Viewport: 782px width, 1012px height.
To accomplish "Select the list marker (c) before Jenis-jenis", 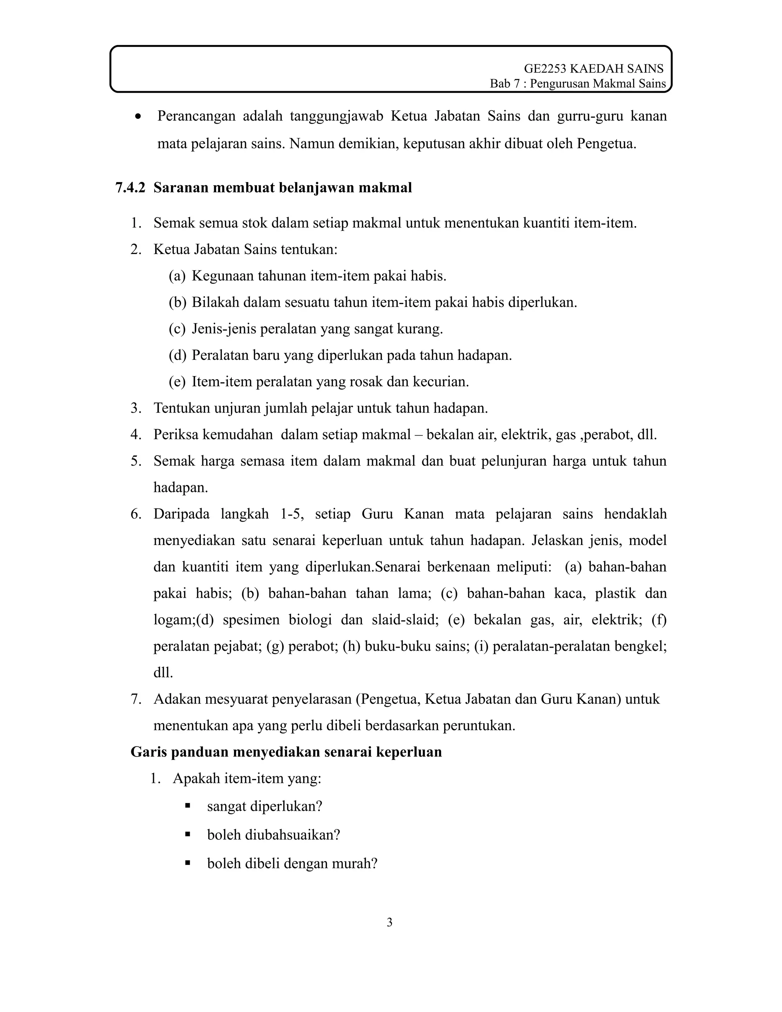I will (x=177, y=329).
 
